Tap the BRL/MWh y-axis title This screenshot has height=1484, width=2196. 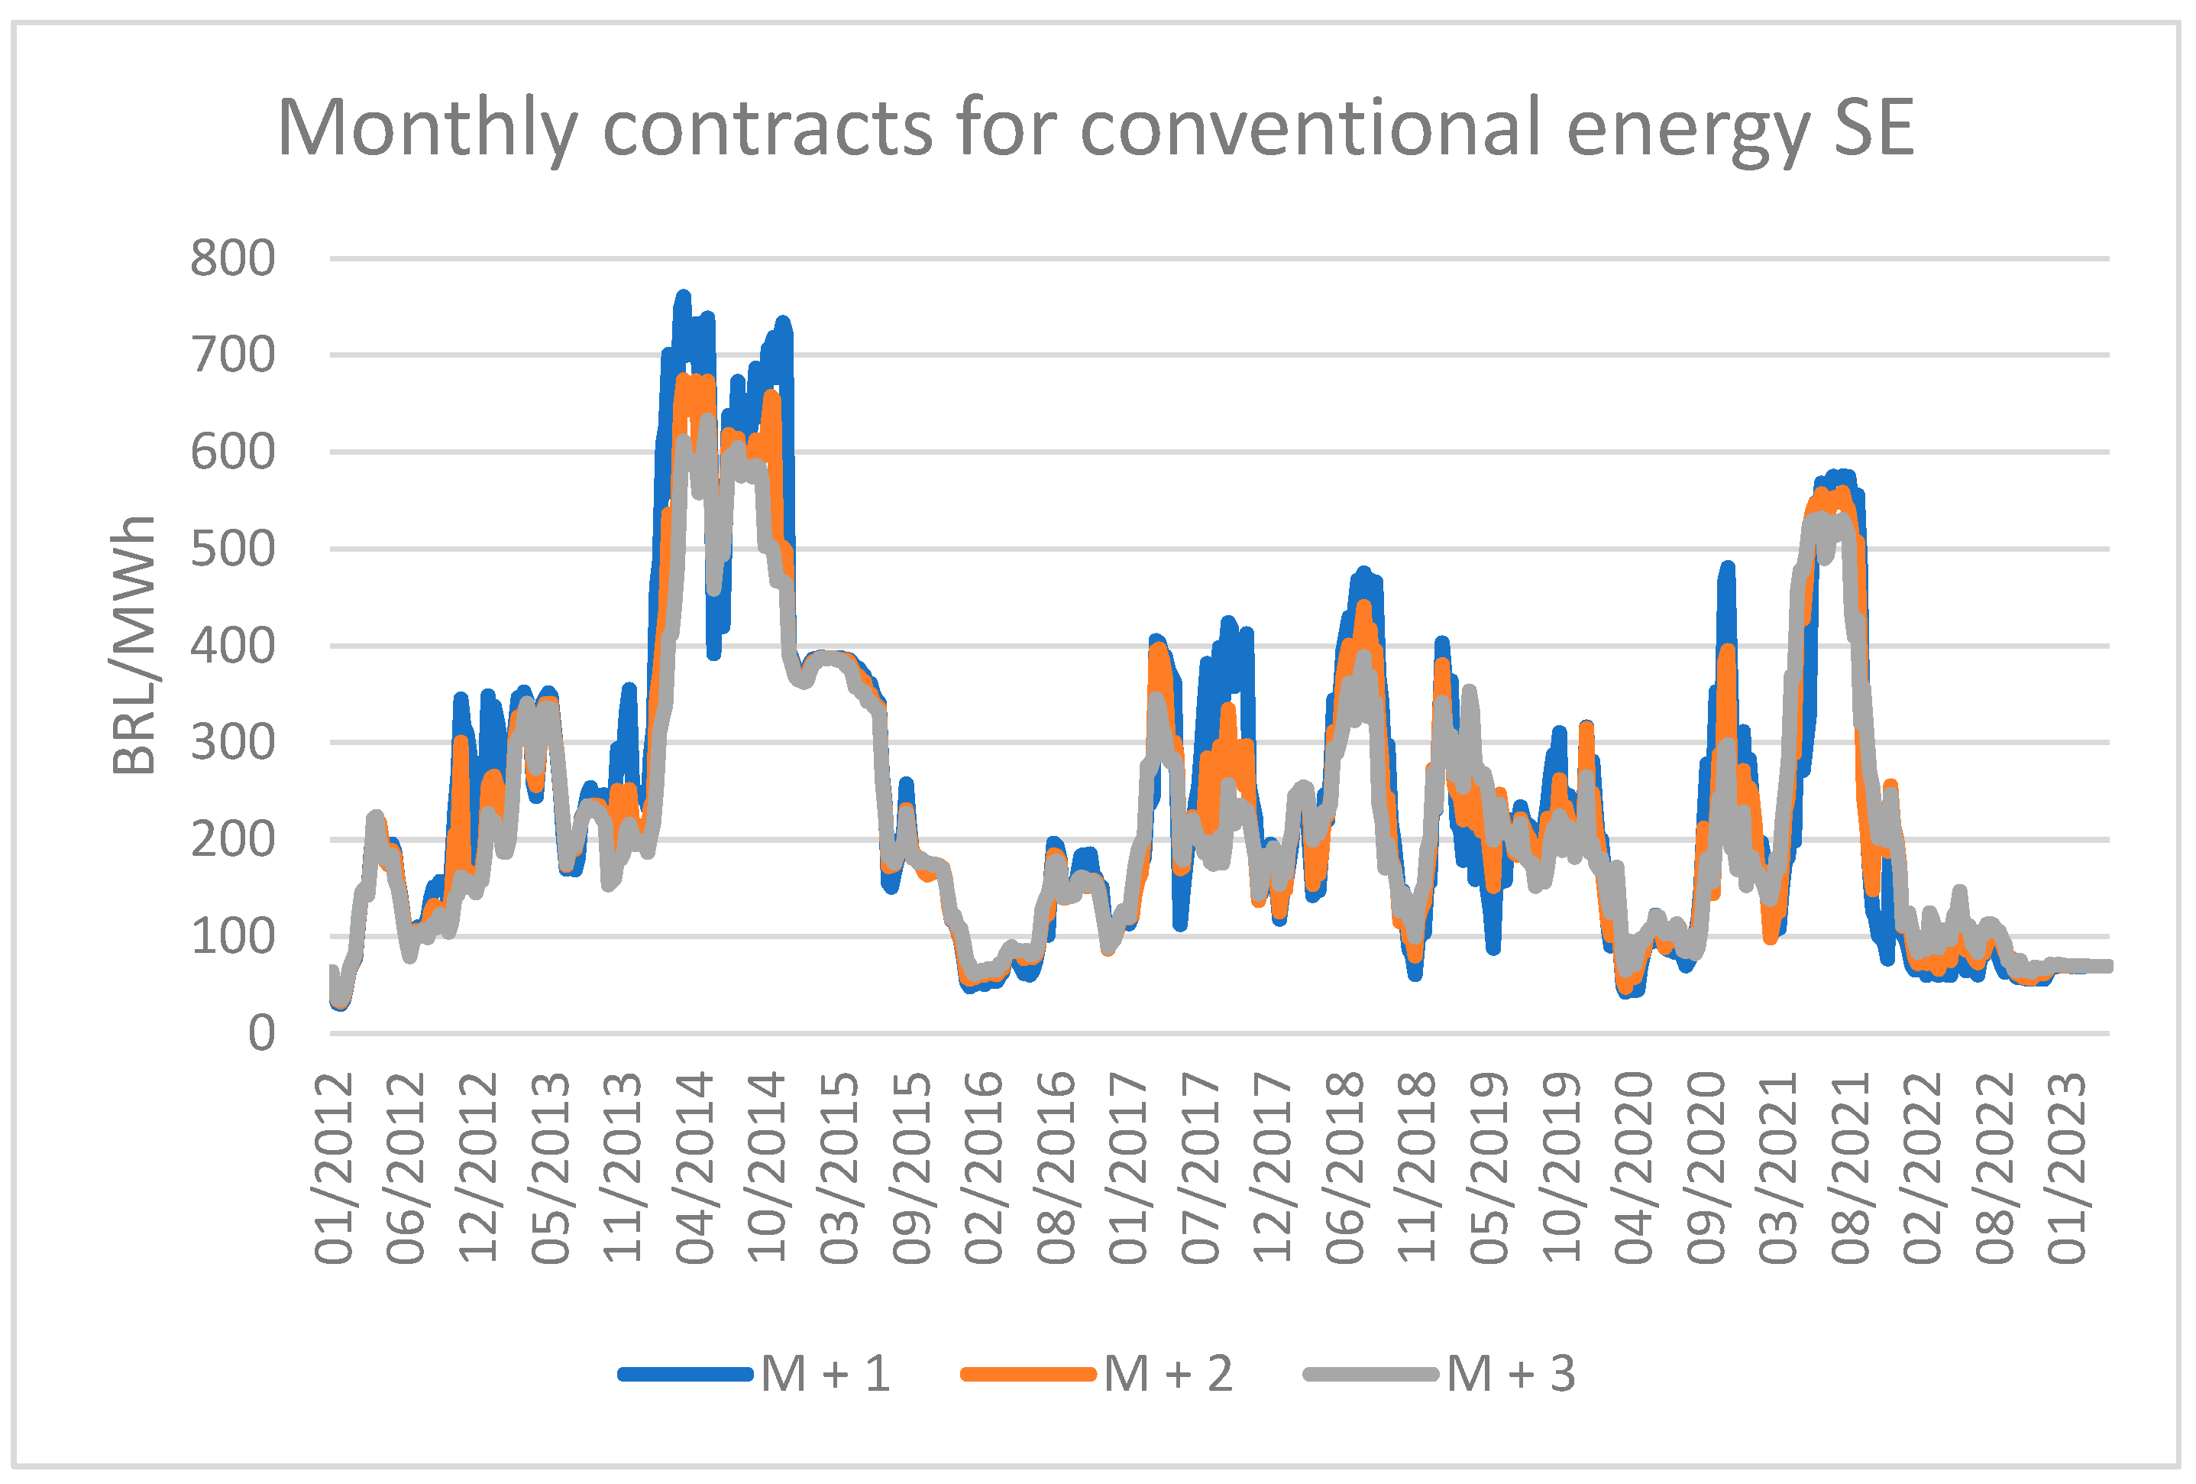point(133,645)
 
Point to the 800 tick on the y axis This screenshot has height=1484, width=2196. point(232,258)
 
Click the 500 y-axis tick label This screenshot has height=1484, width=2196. point(232,549)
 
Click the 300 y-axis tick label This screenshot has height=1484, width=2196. point(232,743)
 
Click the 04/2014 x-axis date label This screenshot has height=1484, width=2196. point(694,1168)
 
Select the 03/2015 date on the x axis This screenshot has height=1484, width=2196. point(839,1168)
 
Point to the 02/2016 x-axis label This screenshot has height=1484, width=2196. point(984,1168)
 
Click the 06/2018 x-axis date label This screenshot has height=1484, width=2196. point(1344,1168)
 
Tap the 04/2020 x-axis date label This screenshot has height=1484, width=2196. point(1634,1168)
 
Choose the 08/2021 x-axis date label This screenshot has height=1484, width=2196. point(1850,1168)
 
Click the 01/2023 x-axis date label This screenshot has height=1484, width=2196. point(2067,1168)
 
